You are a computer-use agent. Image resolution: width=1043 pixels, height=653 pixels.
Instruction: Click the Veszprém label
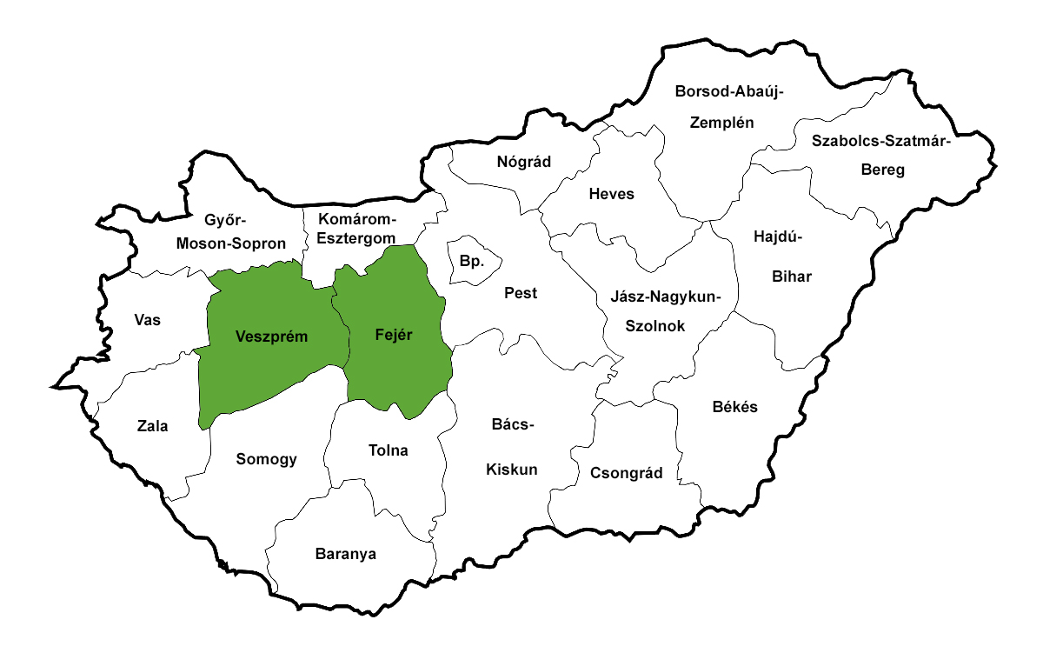(272, 336)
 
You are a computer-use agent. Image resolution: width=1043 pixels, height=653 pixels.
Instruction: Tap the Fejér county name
(393, 334)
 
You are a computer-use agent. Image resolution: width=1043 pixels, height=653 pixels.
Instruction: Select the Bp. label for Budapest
(470, 261)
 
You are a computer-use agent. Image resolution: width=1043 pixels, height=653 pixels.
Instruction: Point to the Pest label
(521, 293)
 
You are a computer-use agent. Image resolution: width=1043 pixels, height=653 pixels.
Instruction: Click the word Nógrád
(524, 161)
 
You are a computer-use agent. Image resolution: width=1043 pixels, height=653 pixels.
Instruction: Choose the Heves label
(611, 194)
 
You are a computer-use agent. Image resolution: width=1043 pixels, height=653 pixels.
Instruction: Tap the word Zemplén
(721, 123)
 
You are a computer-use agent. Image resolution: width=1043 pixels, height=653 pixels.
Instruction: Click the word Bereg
(882, 170)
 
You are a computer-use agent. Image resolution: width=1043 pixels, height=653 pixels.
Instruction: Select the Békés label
(734, 407)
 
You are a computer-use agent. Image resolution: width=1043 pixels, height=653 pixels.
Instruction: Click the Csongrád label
(626, 473)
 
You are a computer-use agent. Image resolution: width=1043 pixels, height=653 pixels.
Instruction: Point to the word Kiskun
(511, 470)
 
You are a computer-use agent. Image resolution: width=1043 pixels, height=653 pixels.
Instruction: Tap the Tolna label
(388, 450)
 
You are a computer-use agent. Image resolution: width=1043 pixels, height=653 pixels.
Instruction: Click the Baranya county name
(346, 554)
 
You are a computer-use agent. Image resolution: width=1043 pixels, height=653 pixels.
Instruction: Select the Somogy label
(267, 459)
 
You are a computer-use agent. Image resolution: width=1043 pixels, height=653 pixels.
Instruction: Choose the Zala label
(152, 426)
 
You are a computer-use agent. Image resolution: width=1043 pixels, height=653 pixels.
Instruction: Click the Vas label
(148, 320)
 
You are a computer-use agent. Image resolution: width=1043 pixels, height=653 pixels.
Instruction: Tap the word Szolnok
(655, 326)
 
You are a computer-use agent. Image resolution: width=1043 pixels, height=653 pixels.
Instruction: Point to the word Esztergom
(357, 237)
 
